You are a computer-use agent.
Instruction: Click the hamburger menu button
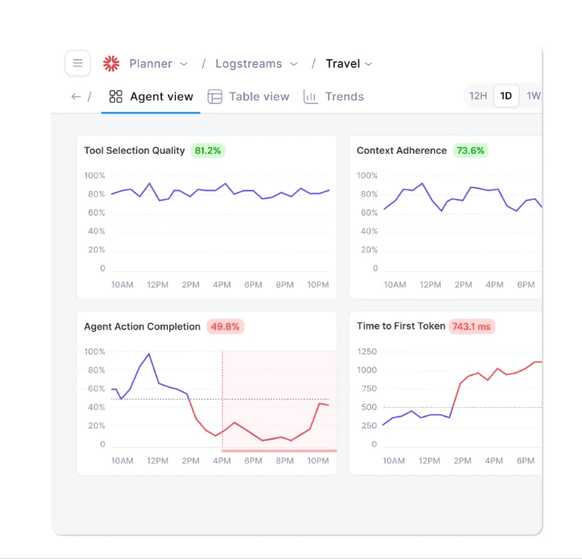point(77,63)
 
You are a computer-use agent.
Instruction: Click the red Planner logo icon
point(111,63)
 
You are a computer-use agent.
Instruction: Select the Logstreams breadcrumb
point(247,63)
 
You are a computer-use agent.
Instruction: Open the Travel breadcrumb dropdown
point(349,63)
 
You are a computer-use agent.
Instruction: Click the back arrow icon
point(76,96)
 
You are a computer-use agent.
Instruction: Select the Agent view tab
point(151,96)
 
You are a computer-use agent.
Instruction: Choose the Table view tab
point(248,96)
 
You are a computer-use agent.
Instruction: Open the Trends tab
point(334,96)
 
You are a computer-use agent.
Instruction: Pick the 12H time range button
point(478,96)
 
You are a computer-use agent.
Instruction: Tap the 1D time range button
point(506,96)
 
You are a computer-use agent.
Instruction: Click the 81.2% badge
point(208,150)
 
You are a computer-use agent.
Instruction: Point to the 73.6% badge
point(470,150)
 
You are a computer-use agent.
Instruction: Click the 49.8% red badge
point(224,326)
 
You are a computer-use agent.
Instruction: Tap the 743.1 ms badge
point(472,326)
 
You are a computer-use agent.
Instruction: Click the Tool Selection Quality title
point(134,150)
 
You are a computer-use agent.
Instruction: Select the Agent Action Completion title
point(142,326)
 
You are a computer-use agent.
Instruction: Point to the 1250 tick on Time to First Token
point(367,352)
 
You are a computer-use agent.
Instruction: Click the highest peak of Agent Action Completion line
point(149,354)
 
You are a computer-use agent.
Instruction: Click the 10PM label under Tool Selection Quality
point(317,285)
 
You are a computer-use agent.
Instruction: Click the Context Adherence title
point(402,150)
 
